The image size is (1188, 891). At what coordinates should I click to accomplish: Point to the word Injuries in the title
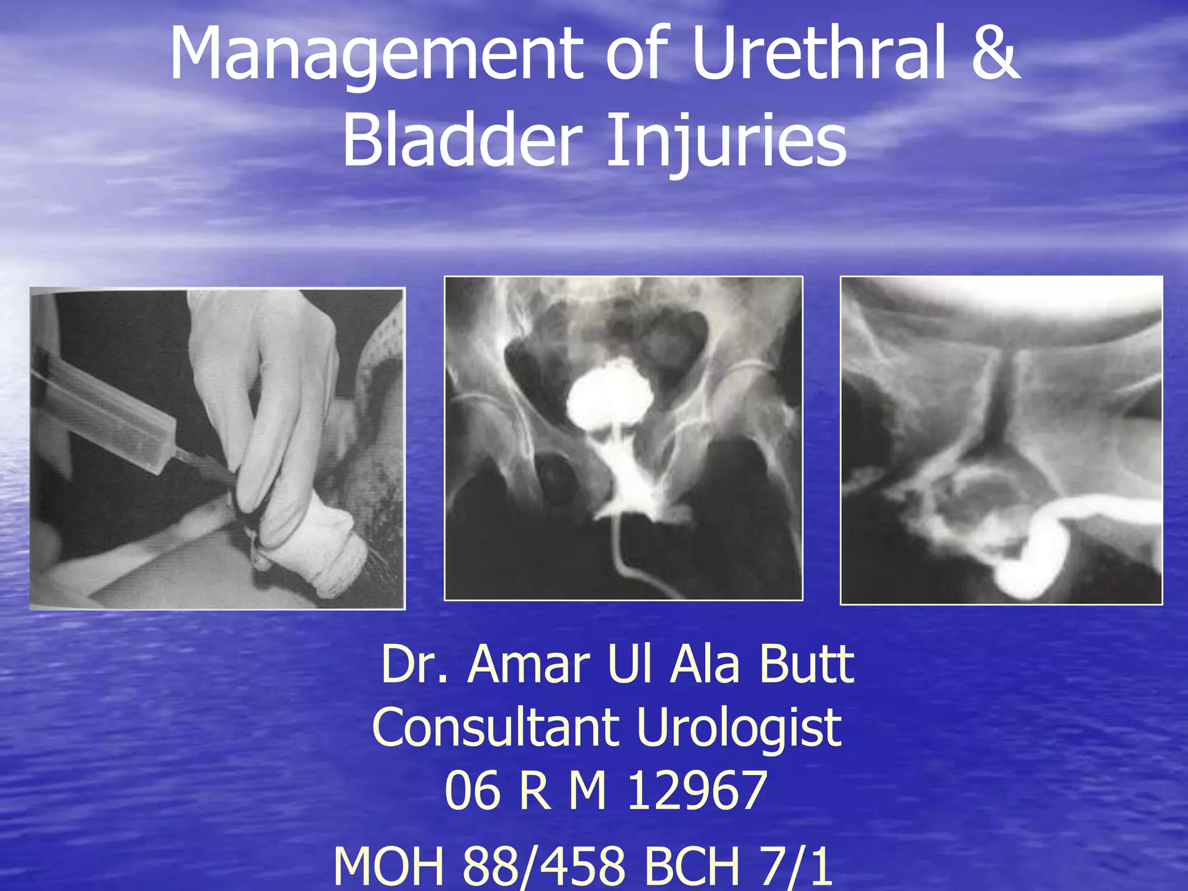(x=726, y=142)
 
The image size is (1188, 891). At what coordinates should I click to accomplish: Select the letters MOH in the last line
(x=389, y=865)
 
